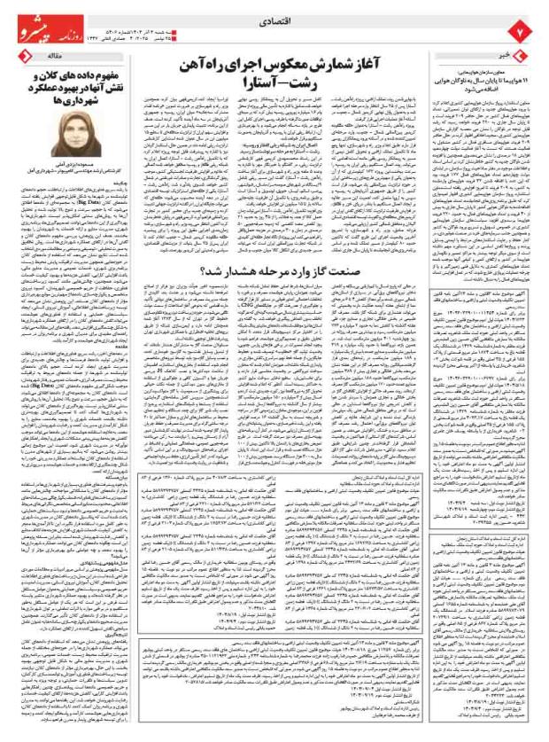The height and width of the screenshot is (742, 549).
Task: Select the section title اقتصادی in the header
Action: click(x=275, y=15)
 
